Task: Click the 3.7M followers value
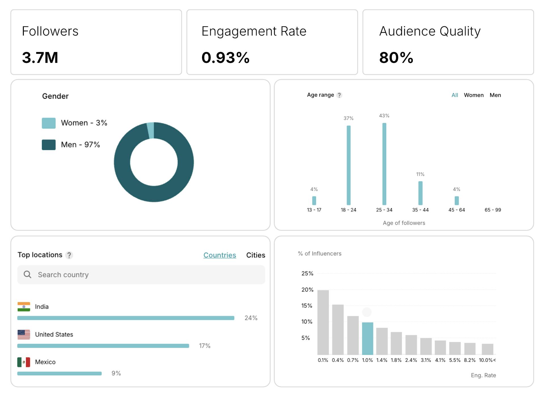40,57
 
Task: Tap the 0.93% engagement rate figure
225,57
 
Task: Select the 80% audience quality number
396,57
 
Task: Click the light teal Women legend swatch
49,123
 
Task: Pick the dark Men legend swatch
49,145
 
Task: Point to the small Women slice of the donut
151,130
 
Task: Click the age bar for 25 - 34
384,164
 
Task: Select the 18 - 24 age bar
348,165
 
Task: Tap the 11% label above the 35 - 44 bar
420,174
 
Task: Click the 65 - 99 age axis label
493,210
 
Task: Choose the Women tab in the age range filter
473,95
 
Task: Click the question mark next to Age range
339,95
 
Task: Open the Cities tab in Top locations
256,255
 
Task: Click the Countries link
220,255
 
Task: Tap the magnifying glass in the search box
27,274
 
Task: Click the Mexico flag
24,362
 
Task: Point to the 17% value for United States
205,346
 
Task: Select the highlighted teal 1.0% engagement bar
367,338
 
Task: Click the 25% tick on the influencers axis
307,274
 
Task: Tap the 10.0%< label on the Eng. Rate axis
487,360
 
